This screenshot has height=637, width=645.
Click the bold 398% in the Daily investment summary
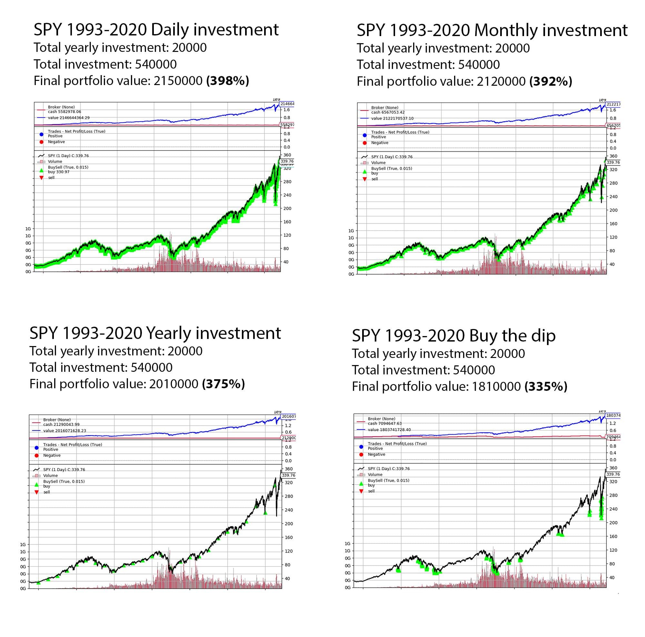pyautogui.click(x=228, y=81)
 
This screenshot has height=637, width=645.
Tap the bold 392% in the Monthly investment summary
pyautogui.click(x=551, y=82)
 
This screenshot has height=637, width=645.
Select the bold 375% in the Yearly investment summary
pyautogui.click(x=223, y=384)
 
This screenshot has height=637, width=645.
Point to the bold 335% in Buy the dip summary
pyautogui.click(x=546, y=387)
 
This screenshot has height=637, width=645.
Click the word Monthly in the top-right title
pyautogui.click(x=505, y=31)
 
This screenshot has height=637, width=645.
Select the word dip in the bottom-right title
pyautogui.click(x=543, y=336)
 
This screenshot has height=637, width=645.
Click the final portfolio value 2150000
pyautogui.click(x=178, y=81)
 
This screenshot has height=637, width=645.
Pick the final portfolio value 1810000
pyautogui.click(x=496, y=387)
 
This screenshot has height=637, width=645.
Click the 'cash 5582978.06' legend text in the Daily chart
pyautogui.click(x=64, y=112)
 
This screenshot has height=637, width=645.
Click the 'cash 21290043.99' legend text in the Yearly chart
pyautogui.click(x=61, y=425)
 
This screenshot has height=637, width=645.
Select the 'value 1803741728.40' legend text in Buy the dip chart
pyautogui.click(x=389, y=429)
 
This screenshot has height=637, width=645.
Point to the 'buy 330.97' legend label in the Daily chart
pyautogui.click(x=59, y=172)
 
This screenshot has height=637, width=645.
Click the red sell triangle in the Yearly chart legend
pyautogui.click(x=37, y=492)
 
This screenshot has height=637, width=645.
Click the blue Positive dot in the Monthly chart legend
pyautogui.click(x=364, y=135)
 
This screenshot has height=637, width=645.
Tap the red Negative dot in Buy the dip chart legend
pyautogui.click(x=361, y=455)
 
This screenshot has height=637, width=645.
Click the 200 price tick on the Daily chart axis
pyautogui.click(x=287, y=208)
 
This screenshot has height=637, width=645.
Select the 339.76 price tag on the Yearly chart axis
pyautogui.click(x=288, y=475)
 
